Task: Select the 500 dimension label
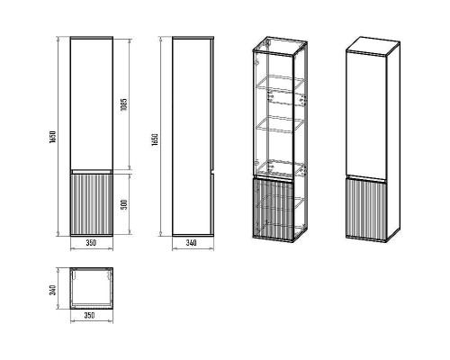point(126,203)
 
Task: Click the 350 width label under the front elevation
point(90,243)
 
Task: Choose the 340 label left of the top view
point(55,290)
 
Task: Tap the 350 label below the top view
point(90,317)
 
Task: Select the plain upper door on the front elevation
point(90,103)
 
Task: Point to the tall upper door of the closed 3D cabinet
point(367,112)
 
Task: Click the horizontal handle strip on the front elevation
point(90,170)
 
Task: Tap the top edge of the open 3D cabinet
point(276,46)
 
